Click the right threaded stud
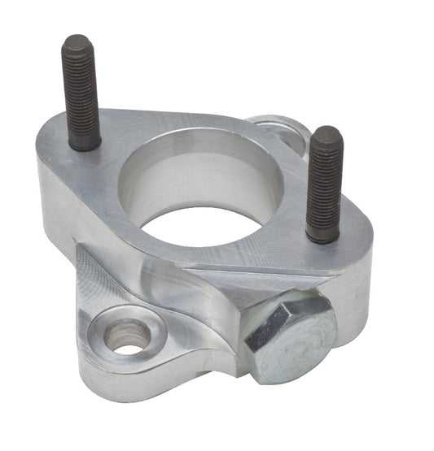(324, 183)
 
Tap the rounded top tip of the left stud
(77, 41)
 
